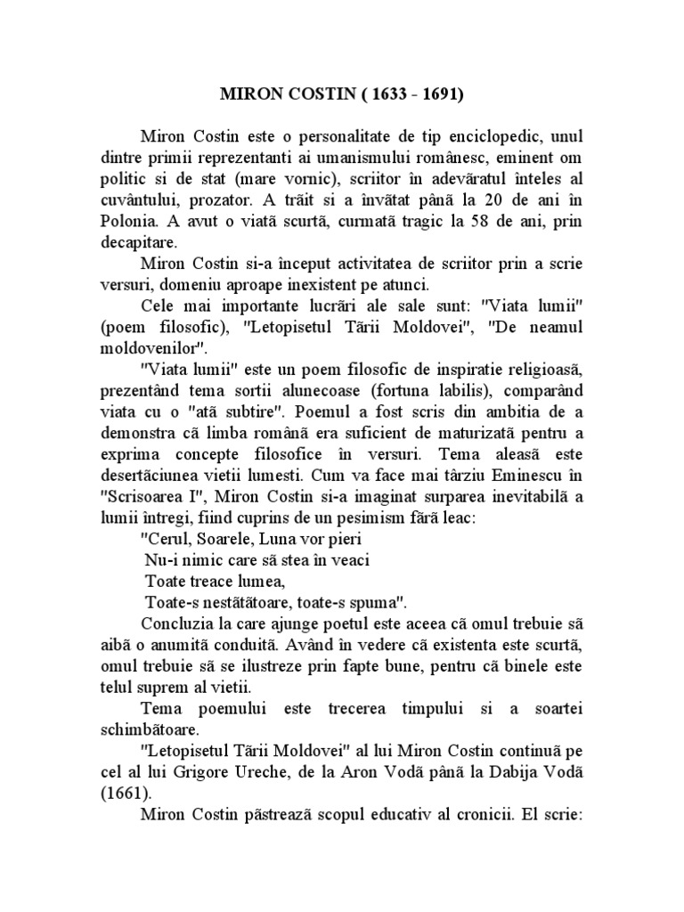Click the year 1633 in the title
pos(392,92)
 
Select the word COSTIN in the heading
pos(324,92)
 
